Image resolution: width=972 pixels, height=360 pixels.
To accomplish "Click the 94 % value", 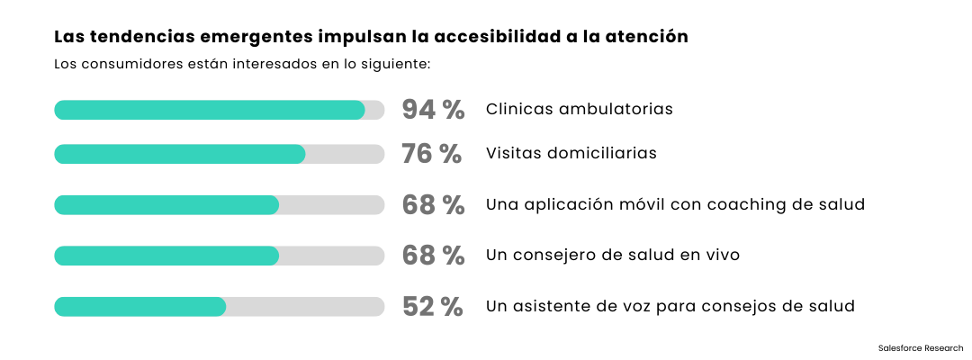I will pos(433,110).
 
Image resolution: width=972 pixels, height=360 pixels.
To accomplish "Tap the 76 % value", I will pos(431,154).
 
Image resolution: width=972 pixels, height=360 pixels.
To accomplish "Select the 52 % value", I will pos(433,306).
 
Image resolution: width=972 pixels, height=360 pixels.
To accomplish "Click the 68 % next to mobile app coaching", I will pos(433,205).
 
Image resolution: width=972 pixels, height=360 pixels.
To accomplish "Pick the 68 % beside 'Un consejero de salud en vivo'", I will pos(433,256).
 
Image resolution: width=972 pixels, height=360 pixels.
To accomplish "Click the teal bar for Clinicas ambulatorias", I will pos(209,110).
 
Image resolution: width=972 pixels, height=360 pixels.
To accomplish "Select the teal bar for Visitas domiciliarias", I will pos(180,154).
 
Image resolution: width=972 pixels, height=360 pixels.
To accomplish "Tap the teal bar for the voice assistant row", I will pos(139,306).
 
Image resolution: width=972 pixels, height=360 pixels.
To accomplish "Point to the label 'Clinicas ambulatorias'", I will pos(580,109).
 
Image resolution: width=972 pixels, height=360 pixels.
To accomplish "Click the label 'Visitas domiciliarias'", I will pos(571,153).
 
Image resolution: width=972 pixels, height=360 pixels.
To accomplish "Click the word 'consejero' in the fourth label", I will pos(557,255).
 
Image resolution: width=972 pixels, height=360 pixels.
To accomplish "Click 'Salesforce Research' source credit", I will pos(920,347).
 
